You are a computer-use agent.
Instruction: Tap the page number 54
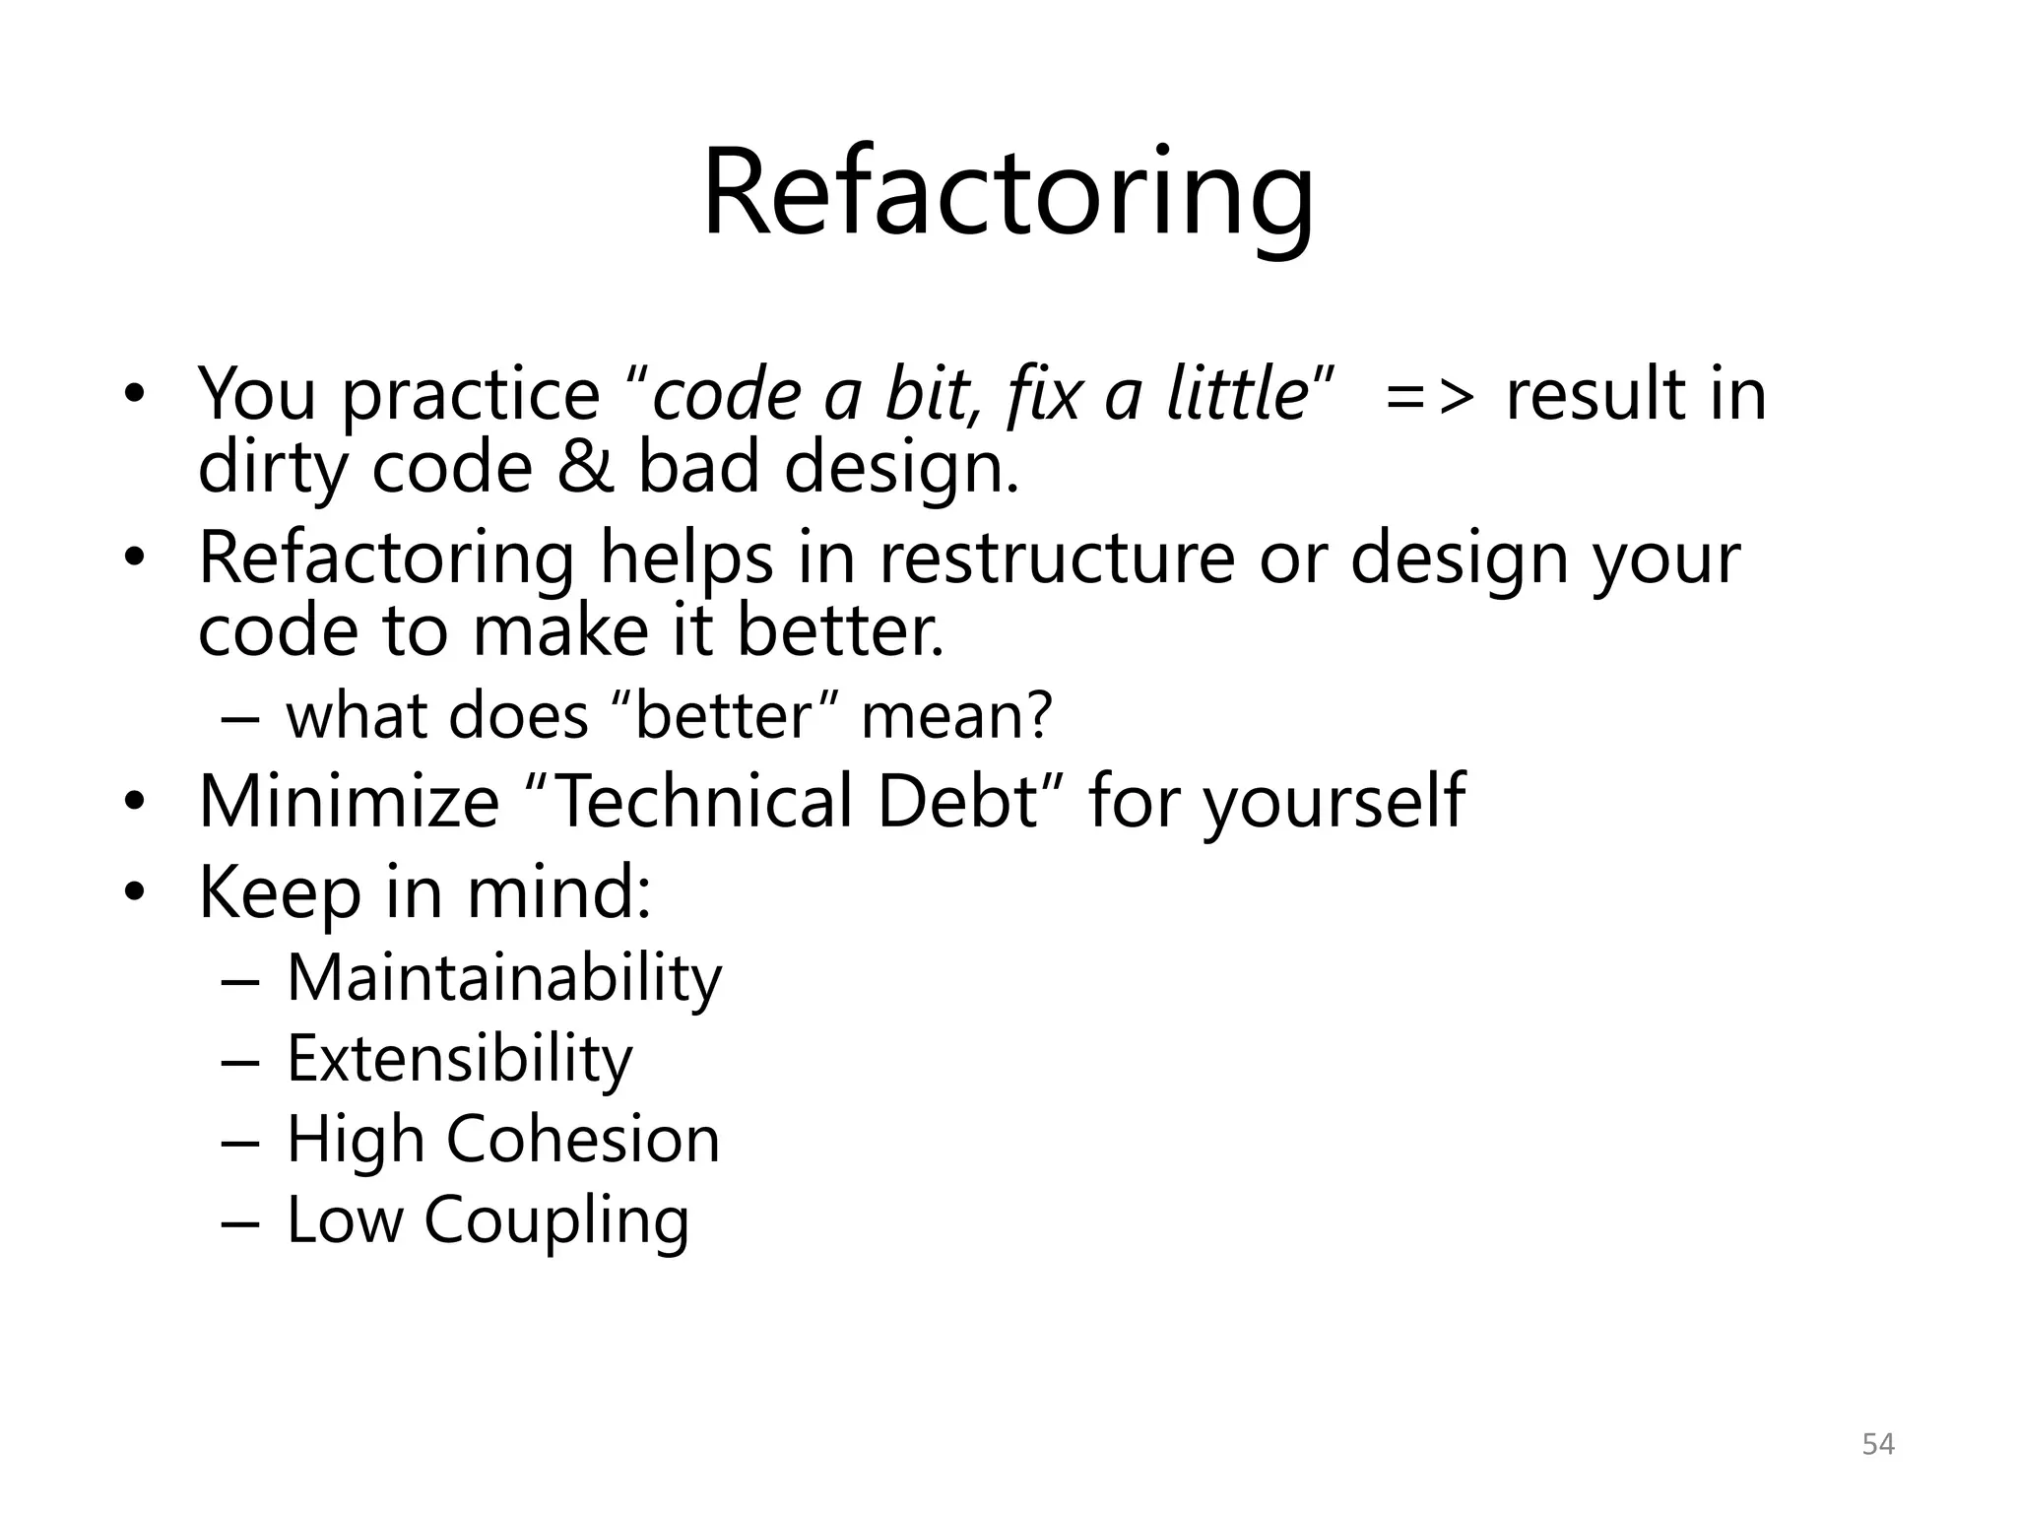1878,1444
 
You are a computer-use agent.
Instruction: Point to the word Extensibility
459,1059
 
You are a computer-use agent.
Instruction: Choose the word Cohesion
583,1140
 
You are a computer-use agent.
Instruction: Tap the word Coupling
556,1221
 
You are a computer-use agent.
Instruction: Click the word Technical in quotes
704,801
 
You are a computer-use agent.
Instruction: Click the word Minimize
350,801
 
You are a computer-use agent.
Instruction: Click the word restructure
1057,559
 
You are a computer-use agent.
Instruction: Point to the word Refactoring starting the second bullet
386,559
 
